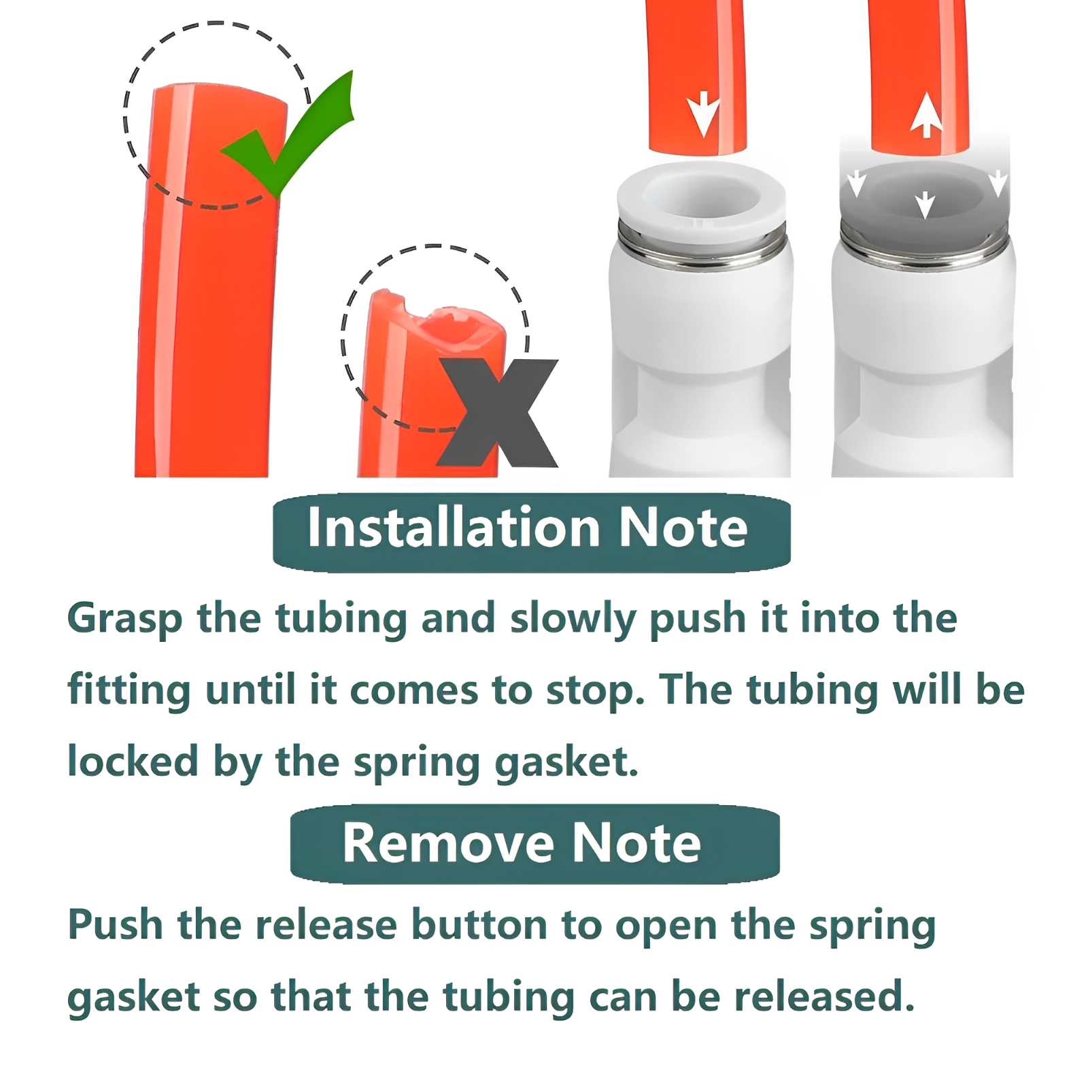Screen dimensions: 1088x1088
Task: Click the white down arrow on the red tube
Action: tap(702, 113)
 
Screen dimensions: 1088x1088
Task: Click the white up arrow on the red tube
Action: tap(926, 115)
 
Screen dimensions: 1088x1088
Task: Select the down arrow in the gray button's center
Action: tap(925, 205)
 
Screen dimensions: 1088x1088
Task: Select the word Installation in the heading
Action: tap(454, 528)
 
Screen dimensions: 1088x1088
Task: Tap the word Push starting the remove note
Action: tap(116, 925)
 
